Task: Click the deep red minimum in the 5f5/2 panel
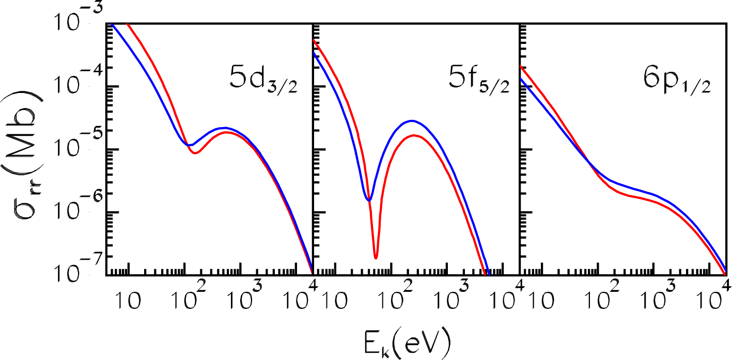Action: point(376,256)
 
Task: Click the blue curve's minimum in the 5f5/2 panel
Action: point(368,199)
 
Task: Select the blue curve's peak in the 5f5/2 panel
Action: point(411,121)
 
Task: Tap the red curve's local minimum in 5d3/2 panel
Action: point(195,153)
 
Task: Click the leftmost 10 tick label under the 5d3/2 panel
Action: point(128,300)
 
